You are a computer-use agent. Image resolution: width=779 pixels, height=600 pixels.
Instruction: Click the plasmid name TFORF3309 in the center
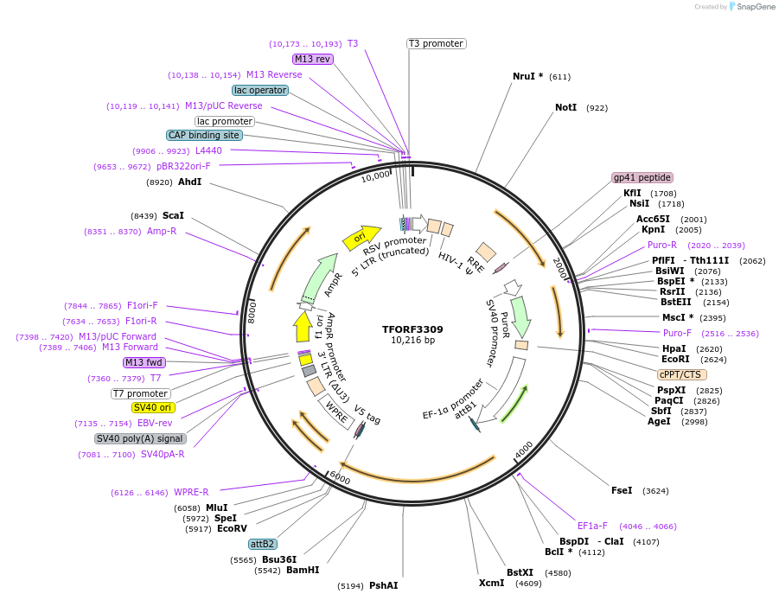pyautogui.click(x=412, y=329)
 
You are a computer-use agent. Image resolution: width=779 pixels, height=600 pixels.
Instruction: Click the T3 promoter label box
pyautogui.click(x=437, y=43)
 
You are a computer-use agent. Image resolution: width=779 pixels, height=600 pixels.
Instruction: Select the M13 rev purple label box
pyautogui.click(x=312, y=59)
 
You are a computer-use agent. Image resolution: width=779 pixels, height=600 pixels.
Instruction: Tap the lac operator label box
pyautogui.click(x=259, y=90)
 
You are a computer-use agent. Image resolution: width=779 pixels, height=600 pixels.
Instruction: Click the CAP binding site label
pyautogui.click(x=204, y=135)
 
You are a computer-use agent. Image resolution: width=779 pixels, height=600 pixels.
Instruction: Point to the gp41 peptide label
pyautogui.click(x=642, y=177)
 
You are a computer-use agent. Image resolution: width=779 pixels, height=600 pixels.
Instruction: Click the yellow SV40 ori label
pyautogui.click(x=152, y=407)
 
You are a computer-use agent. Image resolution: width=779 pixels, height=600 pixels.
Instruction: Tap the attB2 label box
pyautogui.click(x=262, y=544)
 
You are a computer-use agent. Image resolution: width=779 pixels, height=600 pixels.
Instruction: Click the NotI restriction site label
pyautogui.click(x=565, y=108)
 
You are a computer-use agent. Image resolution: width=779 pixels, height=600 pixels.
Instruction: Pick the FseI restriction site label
pyautogui.click(x=622, y=490)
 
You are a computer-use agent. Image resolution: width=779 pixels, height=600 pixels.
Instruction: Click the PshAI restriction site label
pyautogui.click(x=384, y=585)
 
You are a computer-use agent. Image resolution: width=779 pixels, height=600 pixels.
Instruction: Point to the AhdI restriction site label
pyautogui.click(x=189, y=182)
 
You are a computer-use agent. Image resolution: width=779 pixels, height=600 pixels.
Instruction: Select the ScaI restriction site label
pyautogui.click(x=173, y=215)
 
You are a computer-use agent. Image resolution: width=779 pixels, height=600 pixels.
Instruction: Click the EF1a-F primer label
pyautogui.click(x=592, y=526)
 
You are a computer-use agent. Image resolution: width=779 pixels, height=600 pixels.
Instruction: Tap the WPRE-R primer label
pyautogui.click(x=191, y=492)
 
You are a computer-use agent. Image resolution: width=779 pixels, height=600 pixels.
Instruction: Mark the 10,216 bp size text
pyautogui.click(x=412, y=341)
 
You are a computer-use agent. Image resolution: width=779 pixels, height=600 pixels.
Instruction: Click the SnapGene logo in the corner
pyautogui.click(x=751, y=7)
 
